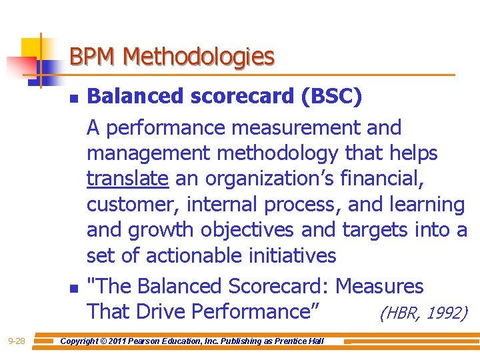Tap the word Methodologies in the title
[199, 56]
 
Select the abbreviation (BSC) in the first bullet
[332, 97]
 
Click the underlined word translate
[127, 179]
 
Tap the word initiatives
[293, 255]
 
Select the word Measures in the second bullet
[379, 287]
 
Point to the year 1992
[446, 312]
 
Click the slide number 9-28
[16, 341]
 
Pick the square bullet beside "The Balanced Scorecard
[73, 289]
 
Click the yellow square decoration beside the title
[31, 47]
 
